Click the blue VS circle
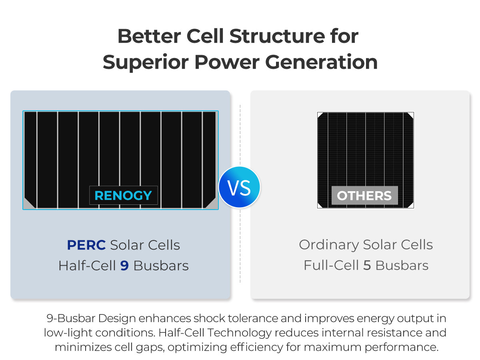(239, 187)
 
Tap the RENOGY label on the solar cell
(123, 195)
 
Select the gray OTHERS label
(364, 196)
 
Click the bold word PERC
(86, 245)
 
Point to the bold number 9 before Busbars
(124, 266)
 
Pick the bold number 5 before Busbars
(367, 265)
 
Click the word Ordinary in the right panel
(329, 245)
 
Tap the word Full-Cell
(331, 265)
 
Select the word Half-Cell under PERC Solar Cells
(87, 266)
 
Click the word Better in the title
(149, 36)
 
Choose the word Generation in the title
(321, 62)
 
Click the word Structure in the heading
(277, 36)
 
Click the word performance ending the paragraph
(402, 347)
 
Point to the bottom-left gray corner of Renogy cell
(28, 204)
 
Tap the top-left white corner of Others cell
(320, 115)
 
